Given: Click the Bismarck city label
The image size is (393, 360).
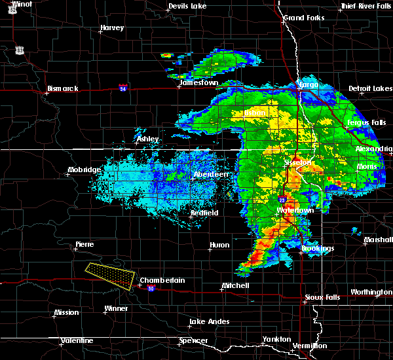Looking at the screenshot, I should click(x=63, y=88).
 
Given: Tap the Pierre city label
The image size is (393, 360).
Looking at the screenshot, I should click(x=84, y=244).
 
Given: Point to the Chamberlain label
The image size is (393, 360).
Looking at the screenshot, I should click(x=163, y=280).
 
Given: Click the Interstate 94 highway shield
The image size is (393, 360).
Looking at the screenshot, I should click(x=123, y=87).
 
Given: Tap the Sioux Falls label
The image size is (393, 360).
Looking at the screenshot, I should click(x=323, y=297).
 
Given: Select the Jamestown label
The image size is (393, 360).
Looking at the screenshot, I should click(x=199, y=83).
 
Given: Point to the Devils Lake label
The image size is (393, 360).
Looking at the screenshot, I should click(x=187, y=6).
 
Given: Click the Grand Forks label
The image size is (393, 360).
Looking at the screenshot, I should click(x=304, y=17).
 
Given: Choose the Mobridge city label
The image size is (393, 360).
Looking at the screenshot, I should click(x=84, y=170).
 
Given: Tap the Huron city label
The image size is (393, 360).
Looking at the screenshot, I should click(x=219, y=245).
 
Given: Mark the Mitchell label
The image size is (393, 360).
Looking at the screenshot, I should click(x=234, y=285).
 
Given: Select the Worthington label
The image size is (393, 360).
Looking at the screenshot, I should click(x=371, y=292).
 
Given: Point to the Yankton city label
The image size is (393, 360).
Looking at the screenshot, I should click(x=276, y=339).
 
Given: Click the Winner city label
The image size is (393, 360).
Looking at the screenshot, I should click(x=117, y=308).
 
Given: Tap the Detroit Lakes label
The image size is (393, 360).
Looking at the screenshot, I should click(x=370, y=88).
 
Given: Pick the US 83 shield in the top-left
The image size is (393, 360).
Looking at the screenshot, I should click(x=20, y=50).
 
